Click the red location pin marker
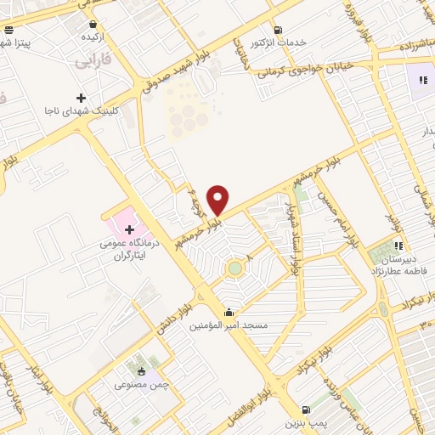(x=218, y=199)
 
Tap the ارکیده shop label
(x=92, y=38)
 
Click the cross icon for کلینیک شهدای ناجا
(x=81, y=98)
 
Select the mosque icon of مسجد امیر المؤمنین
(x=227, y=311)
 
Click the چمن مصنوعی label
(x=143, y=385)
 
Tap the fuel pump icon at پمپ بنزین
(x=305, y=409)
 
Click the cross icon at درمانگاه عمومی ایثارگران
(x=129, y=229)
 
